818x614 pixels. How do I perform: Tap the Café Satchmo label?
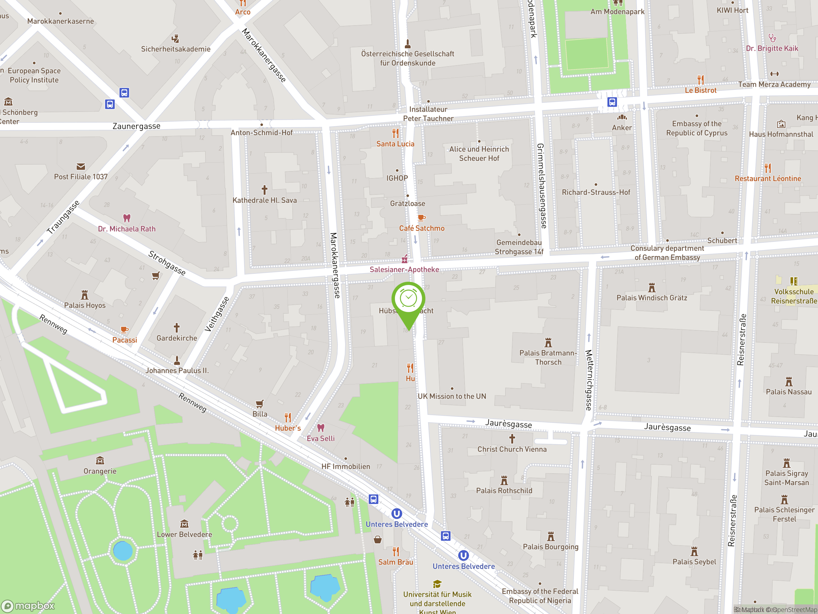click(x=421, y=228)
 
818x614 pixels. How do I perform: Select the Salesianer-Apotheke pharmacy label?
click(x=404, y=270)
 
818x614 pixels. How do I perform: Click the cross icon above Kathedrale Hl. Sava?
click(x=264, y=190)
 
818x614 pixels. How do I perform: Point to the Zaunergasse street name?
click(x=136, y=126)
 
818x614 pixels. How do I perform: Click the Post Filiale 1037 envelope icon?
click(x=81, y=167)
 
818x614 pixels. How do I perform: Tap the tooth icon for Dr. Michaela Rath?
click(x=127, y=218)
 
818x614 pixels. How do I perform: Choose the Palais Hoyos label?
click(x=85, y=305)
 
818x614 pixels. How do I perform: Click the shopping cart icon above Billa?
click(x=259, y=403)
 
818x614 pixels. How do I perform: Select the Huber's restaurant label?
click(x=288, y=428)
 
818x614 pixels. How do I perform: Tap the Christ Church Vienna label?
click(x=512, y=449)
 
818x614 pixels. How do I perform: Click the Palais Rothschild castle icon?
click(x=504, y=480)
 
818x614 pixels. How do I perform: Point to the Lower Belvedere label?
click(x=185, y=534)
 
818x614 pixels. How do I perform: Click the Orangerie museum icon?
click(x=100, y=461)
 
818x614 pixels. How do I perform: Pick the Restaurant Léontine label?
click(x=768, y=179)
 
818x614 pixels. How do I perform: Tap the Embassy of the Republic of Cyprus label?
click(x=697, y=129)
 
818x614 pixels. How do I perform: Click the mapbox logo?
click(x=28, y=606)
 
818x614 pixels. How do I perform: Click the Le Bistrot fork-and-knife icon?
click(x=700, y=80)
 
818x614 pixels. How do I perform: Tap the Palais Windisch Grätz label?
click(x=652, y=298)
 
